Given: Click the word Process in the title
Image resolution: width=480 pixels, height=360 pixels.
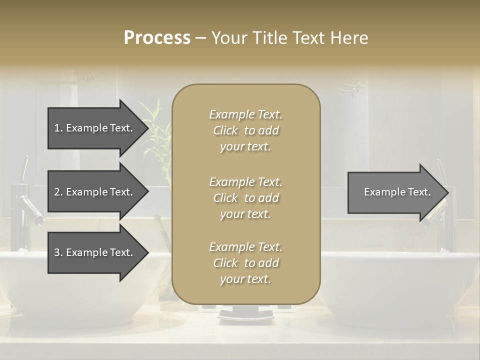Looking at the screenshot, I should point(157,38).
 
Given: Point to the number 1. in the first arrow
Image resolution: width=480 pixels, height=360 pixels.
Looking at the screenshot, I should point(58,128).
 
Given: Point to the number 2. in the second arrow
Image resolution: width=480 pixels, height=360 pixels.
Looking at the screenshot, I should point(58,192).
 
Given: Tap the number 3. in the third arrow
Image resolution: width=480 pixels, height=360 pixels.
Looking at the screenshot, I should point(58,252).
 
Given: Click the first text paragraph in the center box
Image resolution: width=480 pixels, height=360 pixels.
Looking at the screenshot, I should point(245,130).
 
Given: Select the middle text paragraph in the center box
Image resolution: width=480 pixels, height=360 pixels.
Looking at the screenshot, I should point(245,197).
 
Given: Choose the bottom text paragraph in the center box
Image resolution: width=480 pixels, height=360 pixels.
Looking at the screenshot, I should point(245,263).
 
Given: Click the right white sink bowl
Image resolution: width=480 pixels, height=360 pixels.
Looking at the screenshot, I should point(400,295).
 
